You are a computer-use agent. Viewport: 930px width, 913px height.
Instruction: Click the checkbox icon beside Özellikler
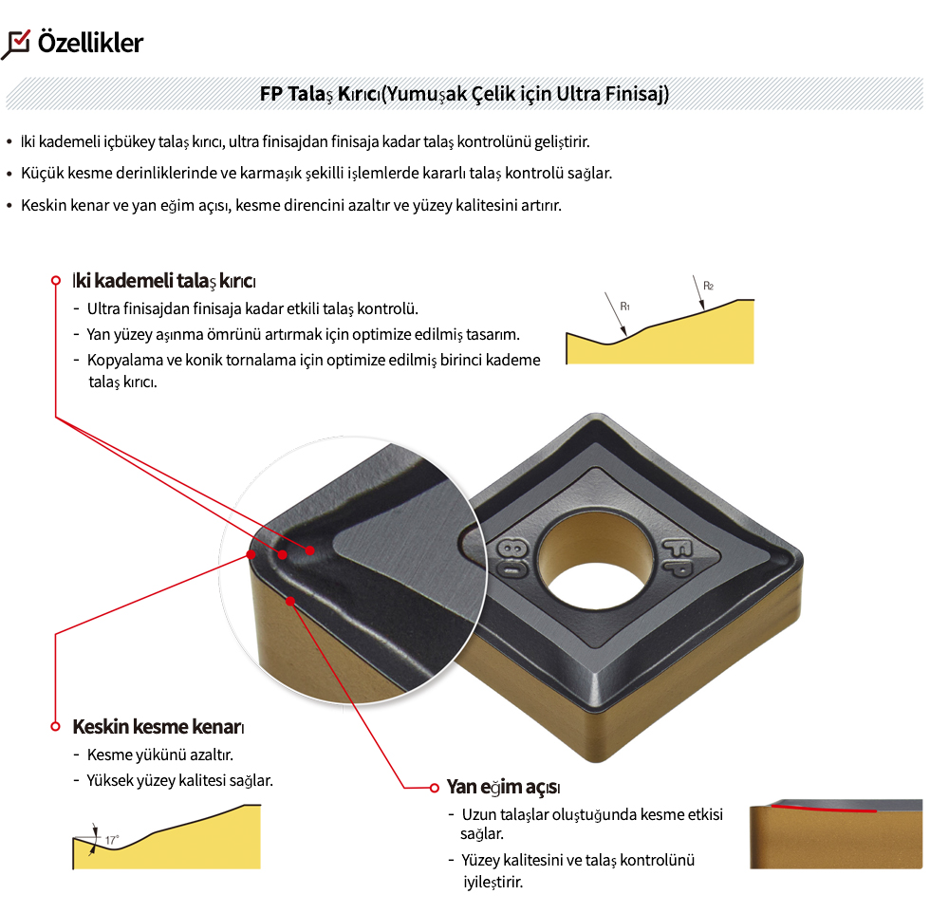pyautogui.click(x=17, y=43)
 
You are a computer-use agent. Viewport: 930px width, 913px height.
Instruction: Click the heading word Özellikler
pyautogui.click(x=90, y=43)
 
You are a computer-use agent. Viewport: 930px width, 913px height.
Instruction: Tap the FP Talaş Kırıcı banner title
pyautogui.click(x=464, y=94)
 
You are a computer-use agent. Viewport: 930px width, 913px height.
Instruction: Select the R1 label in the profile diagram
pyautogui.click(x=625, y=307)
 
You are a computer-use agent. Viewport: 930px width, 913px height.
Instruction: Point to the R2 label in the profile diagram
pyautogui.click(x=708, y=286)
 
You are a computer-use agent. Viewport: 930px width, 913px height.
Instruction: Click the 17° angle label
pyautogui.click(x=112, y=840)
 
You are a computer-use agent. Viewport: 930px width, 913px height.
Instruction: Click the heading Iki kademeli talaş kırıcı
pyautogui.click(x=164, y=281)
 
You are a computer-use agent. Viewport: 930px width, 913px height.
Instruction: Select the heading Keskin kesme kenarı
pyautogui.click(x=158, y=727)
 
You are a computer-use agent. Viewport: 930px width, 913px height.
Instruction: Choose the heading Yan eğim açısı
pyautogui.click(x=503, y=788)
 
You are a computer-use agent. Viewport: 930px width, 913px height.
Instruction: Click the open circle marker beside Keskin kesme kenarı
pyautogui.click(x=55, y=727)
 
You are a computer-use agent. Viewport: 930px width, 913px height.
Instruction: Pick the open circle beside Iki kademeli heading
pyautogui.click(x=56, y=281)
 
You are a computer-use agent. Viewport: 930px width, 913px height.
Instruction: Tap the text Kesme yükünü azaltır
pyautogui.click(x=159, y=755)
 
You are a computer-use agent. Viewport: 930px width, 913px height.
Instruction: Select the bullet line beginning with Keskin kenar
pyautogui.click(x=290, y=205)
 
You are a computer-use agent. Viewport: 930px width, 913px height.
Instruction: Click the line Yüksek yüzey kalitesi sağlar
pyautogui.click(x=179, y=781)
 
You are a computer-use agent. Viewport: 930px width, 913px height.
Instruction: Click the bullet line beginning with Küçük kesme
pyautogui.click(x=316, y=174)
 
